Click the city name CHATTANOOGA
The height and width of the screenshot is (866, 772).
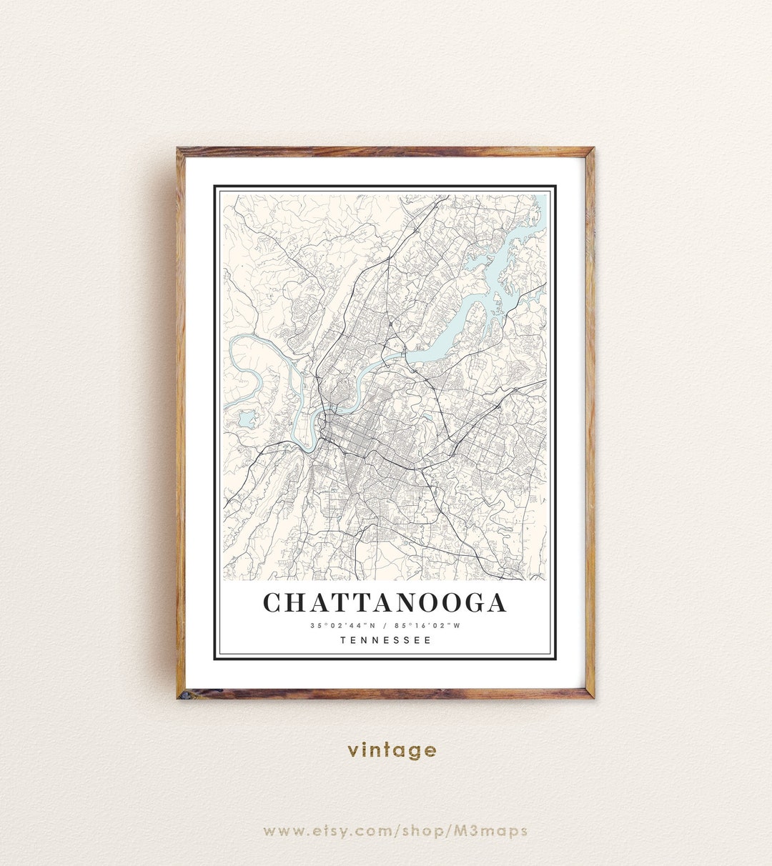[x=385, y=602]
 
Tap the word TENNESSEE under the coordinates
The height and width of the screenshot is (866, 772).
[x=386, y=640]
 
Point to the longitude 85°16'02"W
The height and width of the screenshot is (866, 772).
[x=427, y=626]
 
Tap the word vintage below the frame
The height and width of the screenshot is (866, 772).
[x=392, y=750]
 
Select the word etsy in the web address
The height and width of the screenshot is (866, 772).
[x=328, y=830]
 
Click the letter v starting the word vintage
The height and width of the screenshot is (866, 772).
[x=353, y=751]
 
